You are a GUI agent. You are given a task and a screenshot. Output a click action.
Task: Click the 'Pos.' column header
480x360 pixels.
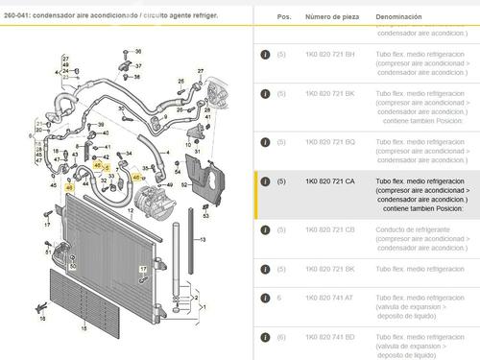283,17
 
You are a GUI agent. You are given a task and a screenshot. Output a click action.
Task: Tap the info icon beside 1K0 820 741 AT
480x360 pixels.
264,297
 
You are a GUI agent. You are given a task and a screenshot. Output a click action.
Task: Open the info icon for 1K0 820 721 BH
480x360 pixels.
264,53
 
